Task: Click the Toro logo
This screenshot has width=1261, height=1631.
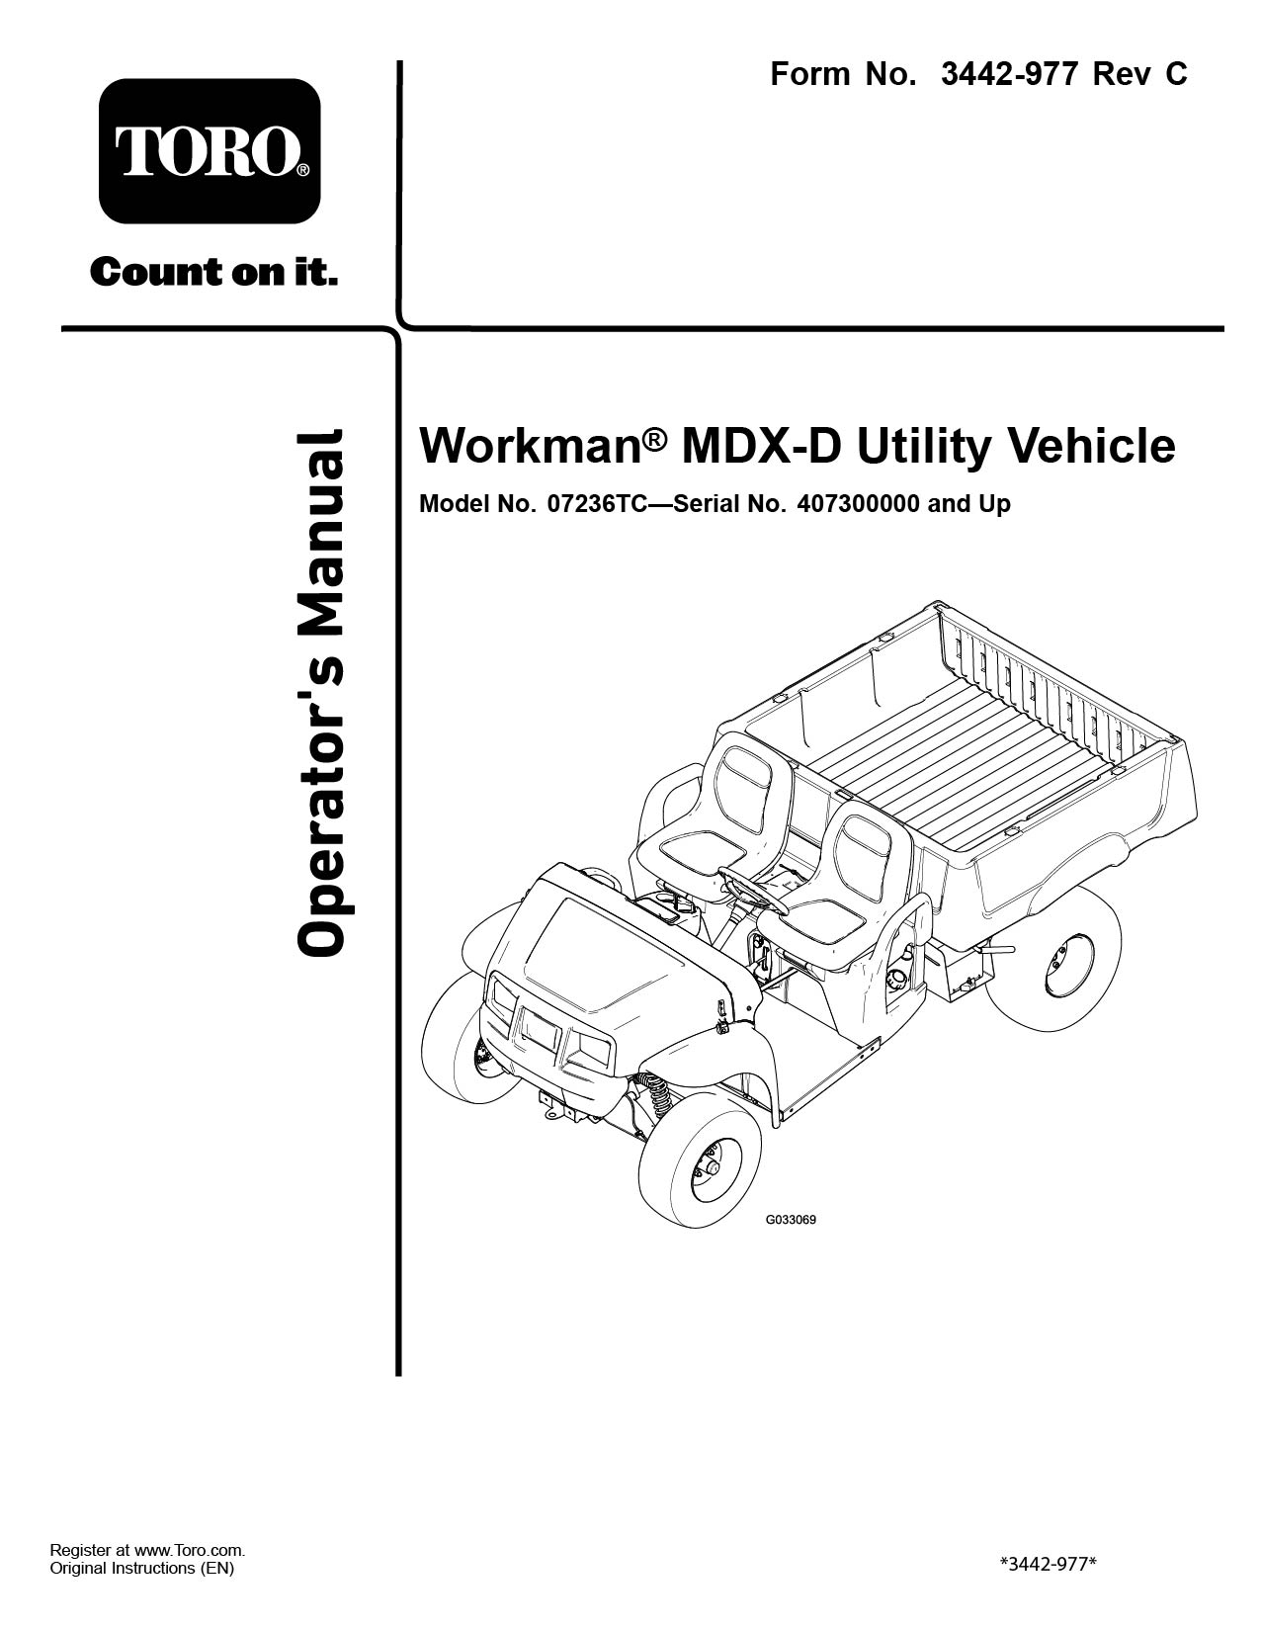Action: coord(210,151)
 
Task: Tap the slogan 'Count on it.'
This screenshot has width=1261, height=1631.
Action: coord(213,272)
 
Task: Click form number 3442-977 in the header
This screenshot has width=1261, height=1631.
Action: coord(1008,74)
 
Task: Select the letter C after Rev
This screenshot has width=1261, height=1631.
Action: coord(1175,74)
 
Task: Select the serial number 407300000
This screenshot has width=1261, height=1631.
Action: coord(857,504)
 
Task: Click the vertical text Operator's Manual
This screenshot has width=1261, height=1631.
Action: coord(321,692)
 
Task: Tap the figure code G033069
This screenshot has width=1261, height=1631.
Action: coord(791,1219)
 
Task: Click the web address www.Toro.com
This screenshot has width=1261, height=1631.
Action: coord(188,1551)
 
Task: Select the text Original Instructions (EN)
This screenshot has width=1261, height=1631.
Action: coord(142,1569)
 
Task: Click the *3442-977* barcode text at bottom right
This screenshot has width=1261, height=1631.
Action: coord(1049,1564)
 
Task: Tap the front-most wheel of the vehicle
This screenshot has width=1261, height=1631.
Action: coord(700,1167)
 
